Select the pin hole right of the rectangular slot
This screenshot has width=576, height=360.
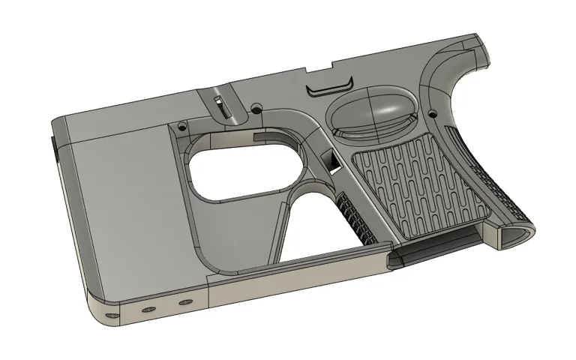click(256, 109)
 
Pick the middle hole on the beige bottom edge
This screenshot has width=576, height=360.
click(148, 309)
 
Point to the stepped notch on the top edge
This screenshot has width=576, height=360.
click(316, 70)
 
